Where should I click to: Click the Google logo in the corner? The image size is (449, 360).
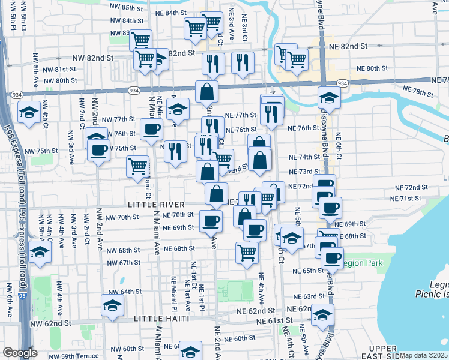(20, 353)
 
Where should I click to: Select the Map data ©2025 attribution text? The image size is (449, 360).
(423, 355)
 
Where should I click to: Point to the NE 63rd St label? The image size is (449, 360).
(309, 296)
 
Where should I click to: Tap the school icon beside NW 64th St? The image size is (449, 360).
(112, 305)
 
